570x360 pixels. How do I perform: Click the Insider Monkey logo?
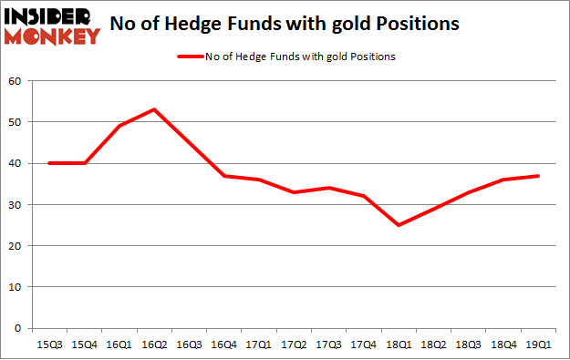pyautogui.click(x=52, y=26)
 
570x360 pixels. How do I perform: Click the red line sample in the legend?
pyautogui.click(x=192, y=57)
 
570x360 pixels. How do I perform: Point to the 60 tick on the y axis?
pyautogui.click(x=16, y=81)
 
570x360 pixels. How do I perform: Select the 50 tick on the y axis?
pyautogui.click(x=16, y=122)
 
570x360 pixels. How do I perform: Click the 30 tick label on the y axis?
pyautogui.click(x=16, y=204)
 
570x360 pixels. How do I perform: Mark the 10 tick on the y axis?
pyautogui.click(x=16, y=287)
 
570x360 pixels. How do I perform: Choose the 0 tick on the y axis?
pyautogui.click(x=18, y=328)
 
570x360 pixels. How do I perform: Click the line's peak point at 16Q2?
pyautogui.click(x=155, y=109)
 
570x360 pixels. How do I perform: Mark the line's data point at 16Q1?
pyautogui.click(x=120, y=126)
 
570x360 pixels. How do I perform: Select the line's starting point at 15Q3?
pyautogui.click(x=50, y=163)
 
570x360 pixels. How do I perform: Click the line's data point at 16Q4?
pyautogui.click(x=225, y=176)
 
